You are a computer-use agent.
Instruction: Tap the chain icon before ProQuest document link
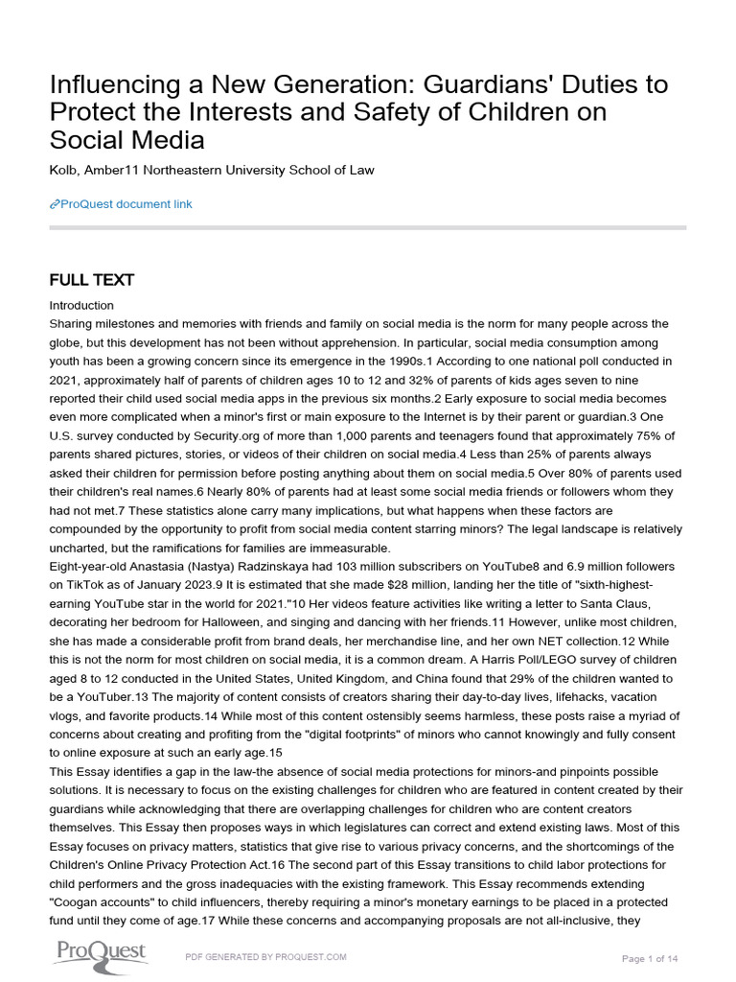[54, 204]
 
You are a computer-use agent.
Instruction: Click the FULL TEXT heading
[92, 280]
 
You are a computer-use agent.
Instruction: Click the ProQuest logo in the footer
[100, 953]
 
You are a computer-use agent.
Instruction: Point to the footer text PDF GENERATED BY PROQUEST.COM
[264, 957]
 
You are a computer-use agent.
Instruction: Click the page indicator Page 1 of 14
[650, 958]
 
